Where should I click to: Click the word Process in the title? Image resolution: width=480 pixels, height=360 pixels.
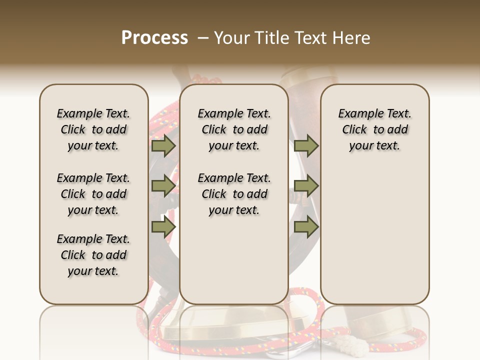tap(154, 38)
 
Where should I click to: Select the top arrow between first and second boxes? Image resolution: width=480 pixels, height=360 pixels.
tap(163, 146)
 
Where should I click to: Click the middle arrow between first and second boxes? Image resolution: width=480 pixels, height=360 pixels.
tap(163, 186)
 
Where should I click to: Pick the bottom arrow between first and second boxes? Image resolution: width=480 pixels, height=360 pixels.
tap(163, 227)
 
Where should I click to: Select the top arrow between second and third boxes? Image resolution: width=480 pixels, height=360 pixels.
tap(306, 146)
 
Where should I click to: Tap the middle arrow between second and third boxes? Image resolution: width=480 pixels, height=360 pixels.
tap(306, 186)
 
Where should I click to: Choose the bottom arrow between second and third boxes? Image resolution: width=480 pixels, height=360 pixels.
tap(306, 227)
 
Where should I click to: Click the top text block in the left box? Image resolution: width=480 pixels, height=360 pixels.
tap(93, 129)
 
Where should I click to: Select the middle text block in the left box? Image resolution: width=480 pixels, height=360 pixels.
tap(93, 194)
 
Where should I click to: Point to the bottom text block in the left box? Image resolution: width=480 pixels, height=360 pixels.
tap(93, 255)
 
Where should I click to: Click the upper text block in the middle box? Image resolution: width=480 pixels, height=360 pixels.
tap(234, 129)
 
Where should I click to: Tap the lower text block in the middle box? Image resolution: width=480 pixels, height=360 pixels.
tap(234, 194)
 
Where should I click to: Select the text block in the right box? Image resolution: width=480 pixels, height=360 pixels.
tap(375, 129)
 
